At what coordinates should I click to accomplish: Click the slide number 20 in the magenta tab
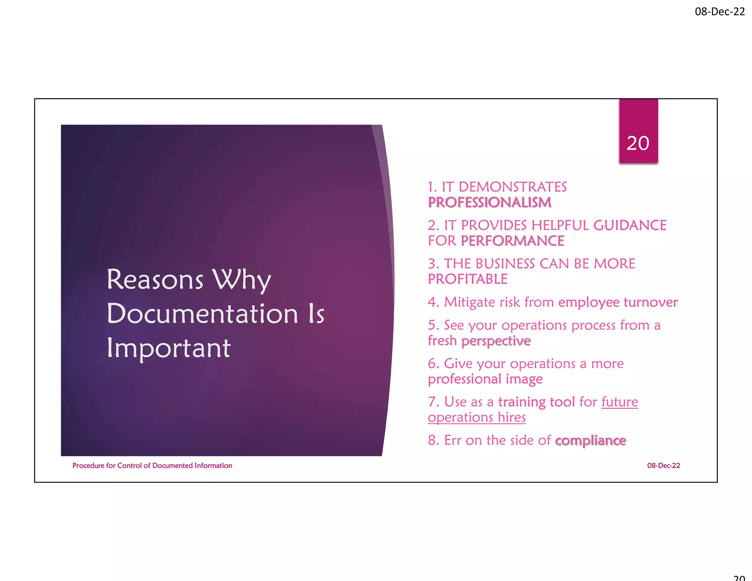coord(638,143)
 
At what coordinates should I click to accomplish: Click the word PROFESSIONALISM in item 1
coord(489,202)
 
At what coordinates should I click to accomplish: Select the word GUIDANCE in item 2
coord(630,225)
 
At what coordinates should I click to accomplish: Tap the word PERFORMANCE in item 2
coord(512,241)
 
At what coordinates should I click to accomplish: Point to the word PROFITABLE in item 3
coord(467,279)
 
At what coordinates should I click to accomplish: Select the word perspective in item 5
coord(496,341)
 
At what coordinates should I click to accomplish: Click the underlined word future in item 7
coord(619,402)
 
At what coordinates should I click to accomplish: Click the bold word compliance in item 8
coord(590,440)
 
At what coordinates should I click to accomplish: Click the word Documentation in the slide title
coord(202,314)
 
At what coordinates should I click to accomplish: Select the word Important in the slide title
coord(169,348)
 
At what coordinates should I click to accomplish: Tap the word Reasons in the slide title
coord(155,280)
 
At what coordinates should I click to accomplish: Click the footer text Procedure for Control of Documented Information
coord(152,466)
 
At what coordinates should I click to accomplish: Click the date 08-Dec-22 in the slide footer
coord(663,466)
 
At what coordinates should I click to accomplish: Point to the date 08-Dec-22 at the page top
coord(720,12)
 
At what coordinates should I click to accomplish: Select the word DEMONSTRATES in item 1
coord(513,187)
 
